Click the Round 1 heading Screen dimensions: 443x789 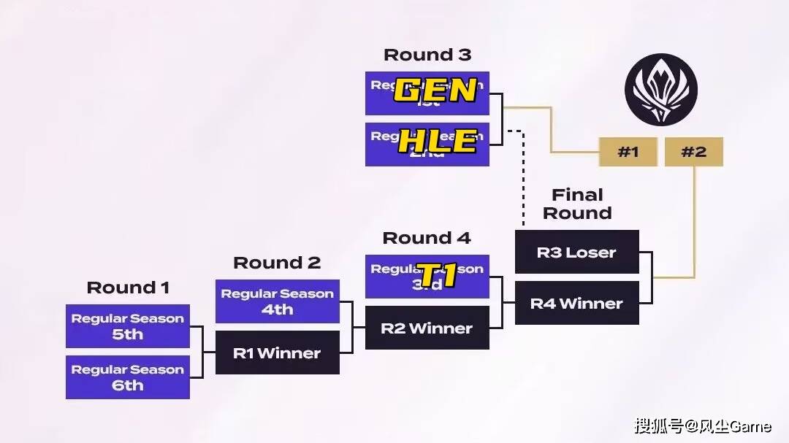(128, 288)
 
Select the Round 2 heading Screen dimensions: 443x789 (277, 263)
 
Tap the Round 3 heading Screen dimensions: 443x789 (427, 55)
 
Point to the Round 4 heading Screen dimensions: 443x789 (427, 238)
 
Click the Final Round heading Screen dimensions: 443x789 (576, 204)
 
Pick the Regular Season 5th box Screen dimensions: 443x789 (128, 326)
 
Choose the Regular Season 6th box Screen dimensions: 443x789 (128, 377)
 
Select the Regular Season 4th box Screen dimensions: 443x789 (278, 301)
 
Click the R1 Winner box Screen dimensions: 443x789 (278, 353)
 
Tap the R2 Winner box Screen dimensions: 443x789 (427, 328)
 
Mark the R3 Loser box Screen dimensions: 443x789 (577, 253)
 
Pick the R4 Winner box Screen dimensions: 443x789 (577, 303)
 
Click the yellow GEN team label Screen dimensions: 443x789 (436, 91)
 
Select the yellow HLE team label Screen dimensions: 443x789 (437, 142)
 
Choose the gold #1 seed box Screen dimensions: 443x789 (628, 152)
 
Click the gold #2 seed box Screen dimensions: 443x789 (693, 152)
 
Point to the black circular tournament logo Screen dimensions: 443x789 (660, 90)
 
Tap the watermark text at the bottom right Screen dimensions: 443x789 (702, 425)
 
